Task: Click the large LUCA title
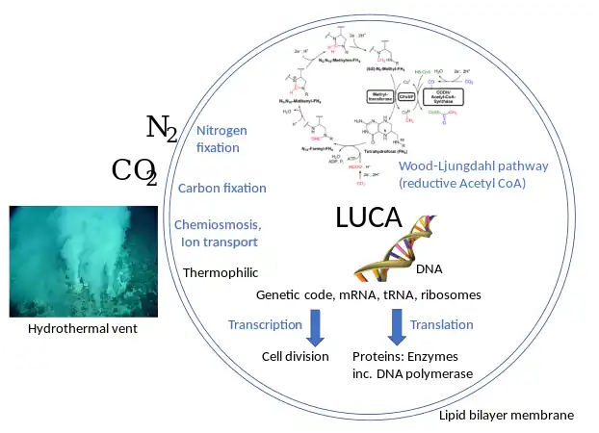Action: [368, 218]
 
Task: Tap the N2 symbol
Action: [161, 128]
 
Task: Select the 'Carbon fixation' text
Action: [222, 188]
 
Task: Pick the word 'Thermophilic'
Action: [221, 272]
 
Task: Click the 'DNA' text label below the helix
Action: [429, 268]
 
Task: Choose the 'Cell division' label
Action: [296, 356]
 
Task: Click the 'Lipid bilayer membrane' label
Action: [506, 415]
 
